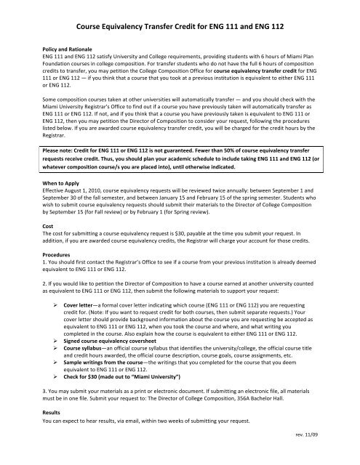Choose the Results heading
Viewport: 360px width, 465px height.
[x=52, y=431]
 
